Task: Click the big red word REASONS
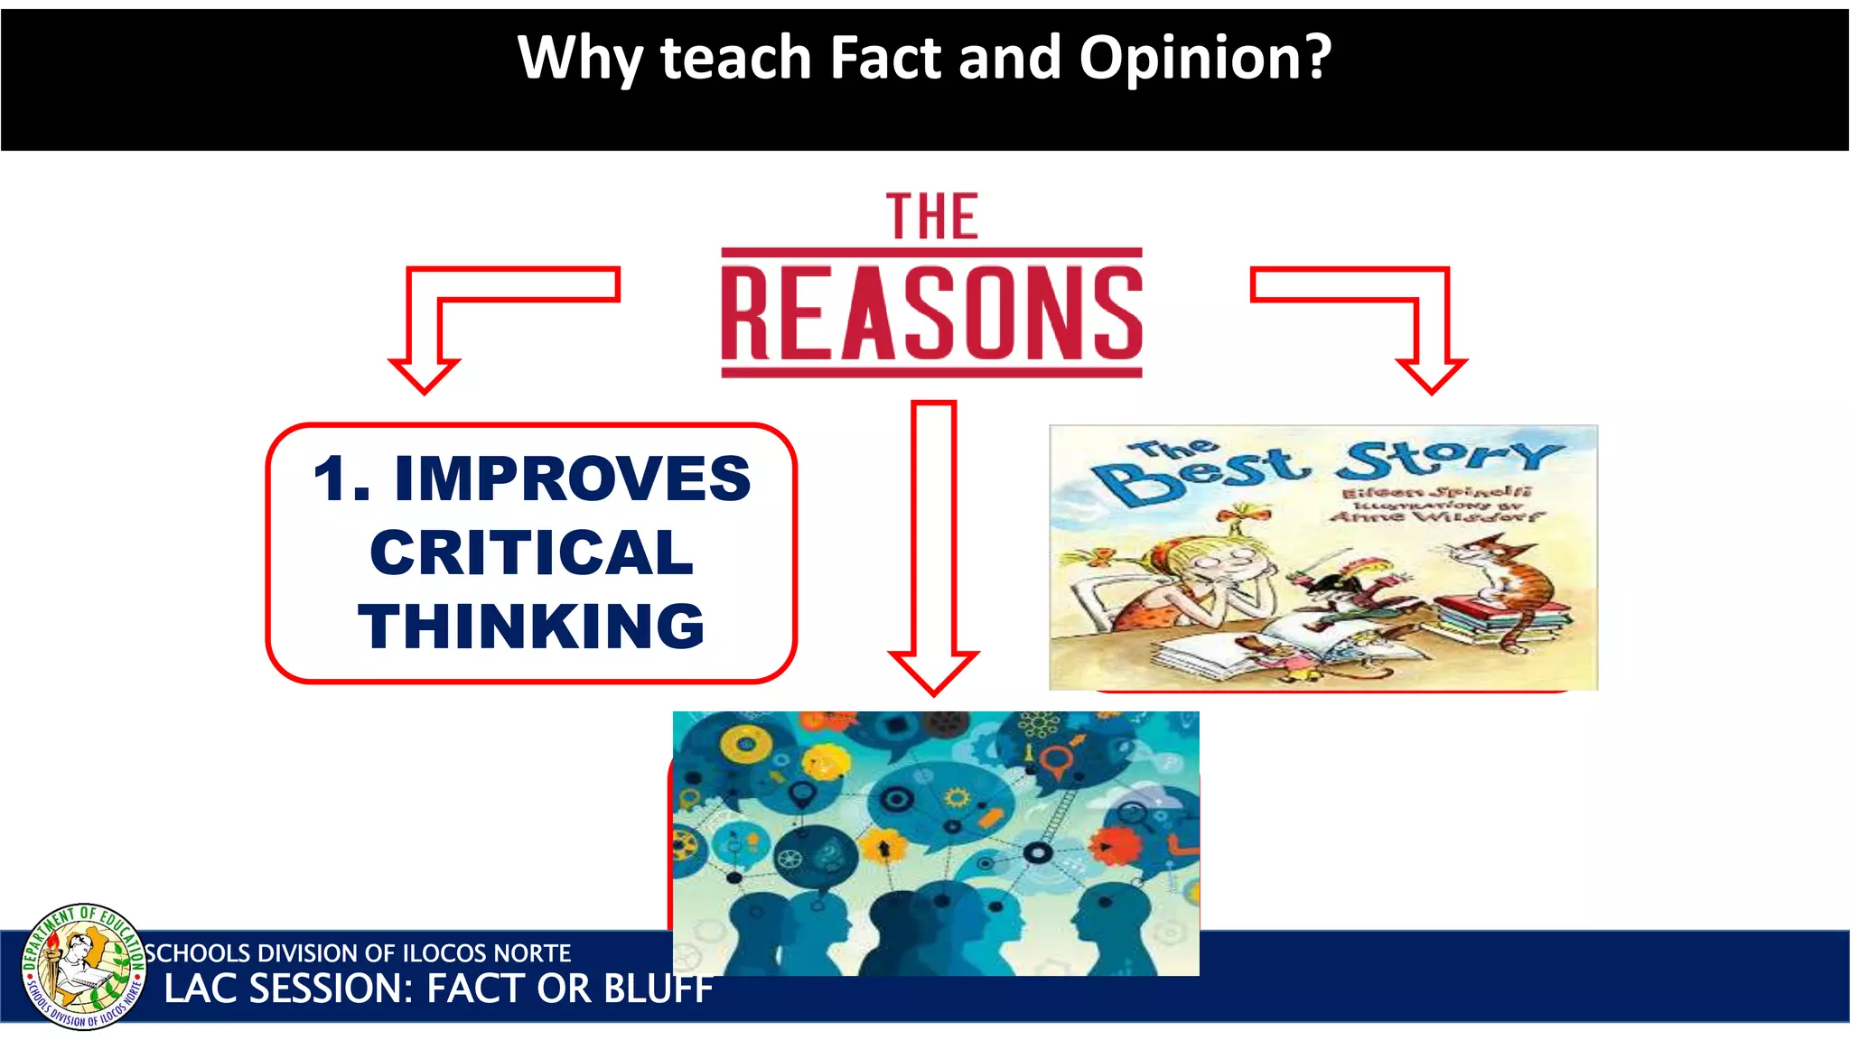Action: click(931, 312)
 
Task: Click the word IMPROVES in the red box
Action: click(572, 478)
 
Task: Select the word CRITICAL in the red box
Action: click(531, 552)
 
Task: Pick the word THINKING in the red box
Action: click(531, 626)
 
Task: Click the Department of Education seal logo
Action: click(83, 966)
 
